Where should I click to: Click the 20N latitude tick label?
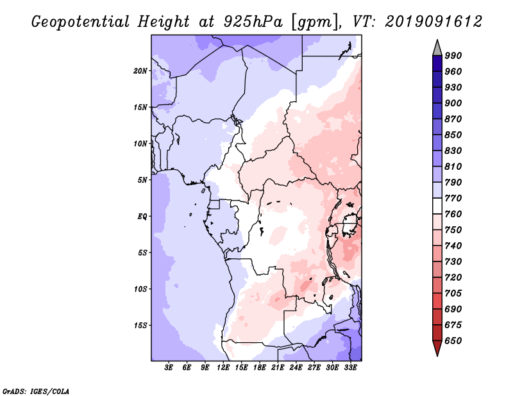(x=140, y=70)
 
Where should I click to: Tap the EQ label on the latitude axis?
(x=142, y=216)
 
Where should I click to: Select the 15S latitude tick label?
(x=140, y=326)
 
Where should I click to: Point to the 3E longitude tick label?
(x=169, y=367)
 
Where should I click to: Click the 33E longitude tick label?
(x=350, y=367)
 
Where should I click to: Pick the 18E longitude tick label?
(x=260, y=367)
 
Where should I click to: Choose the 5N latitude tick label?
(x=142, y=180)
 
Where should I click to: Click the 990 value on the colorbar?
(x=453, y=56)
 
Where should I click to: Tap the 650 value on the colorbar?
(x=453, y=341)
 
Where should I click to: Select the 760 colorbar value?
(x=453, y=214)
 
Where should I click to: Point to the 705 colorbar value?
(x=453, y=293)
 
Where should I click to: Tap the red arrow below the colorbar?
(x=437, y=347)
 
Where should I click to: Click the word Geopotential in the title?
(x=81, y=22)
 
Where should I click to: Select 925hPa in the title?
(x=253, y=22)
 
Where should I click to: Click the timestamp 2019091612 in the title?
(x=433, y=22)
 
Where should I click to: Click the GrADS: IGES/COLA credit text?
(x=36, y=391)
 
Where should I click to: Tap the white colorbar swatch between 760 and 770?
(x=437, y=206)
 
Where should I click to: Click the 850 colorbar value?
(x=453, y=135)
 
